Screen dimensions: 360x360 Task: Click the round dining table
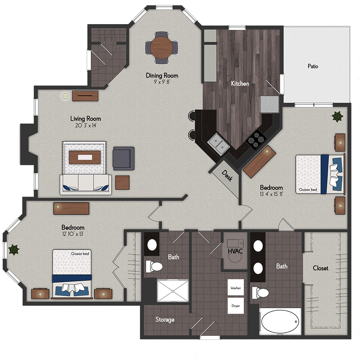pyautogui.click(x=162, y=48)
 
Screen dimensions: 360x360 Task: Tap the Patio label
pyautogui.click(x=313, y=66)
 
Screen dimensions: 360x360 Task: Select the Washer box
pyautogui.click(x=236, y=288)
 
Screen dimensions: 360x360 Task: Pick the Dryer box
pyautogui.click(x=236, y=306)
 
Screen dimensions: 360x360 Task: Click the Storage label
pyautogui.click(x=165, y=319)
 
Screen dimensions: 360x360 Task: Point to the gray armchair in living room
pyautogui.click(x=123, y=158)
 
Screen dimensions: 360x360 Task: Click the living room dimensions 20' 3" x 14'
pyautogui.click(x=85, y=126)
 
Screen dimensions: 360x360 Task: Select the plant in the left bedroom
pyautogui.click(x=14, y=249)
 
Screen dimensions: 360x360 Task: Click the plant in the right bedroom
pyautogui.click(x=337, y=117)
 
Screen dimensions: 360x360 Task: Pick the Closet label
pyautogui.click(x=320, y=268)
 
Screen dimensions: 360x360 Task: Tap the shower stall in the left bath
pyautogui.click(x=173, y=291)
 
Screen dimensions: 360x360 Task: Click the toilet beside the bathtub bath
pyautogui.click(x=260, y=292)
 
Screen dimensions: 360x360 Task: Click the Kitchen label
pyautogui.click(x=240, y=84)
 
